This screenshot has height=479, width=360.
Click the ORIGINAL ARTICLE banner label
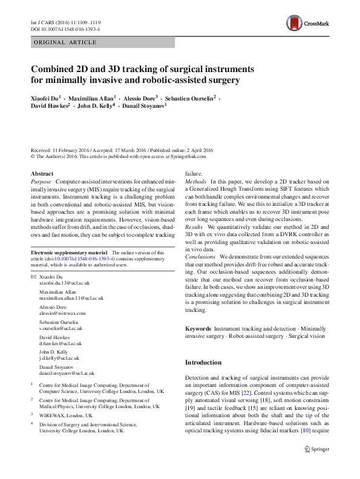point(65,42)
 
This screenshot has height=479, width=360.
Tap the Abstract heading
point(42,174)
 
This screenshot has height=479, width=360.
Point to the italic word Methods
point(195,182)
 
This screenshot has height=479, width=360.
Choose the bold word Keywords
point(198,328)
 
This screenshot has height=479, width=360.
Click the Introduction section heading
point(203,362)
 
